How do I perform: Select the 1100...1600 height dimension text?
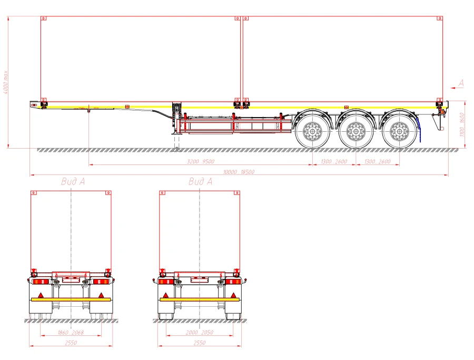click(x=462, y=124)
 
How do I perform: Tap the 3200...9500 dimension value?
click(x=201, y=162)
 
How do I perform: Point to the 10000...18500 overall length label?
click(x=240, y=172)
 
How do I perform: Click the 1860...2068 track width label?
click(x=71, y=333)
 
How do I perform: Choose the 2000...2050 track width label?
click(x=200, y=333)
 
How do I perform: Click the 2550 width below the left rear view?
click(x=71, y=343)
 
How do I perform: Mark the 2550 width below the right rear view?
click(x=200, y=343)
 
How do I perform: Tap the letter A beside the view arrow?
click(x=461, y=83)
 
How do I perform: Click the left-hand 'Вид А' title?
click(x=73, y=182)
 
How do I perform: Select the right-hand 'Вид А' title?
click(x=200, y=182)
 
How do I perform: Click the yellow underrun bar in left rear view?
click(x=71, y=299)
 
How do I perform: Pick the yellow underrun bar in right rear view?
click(x=200, y=299)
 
